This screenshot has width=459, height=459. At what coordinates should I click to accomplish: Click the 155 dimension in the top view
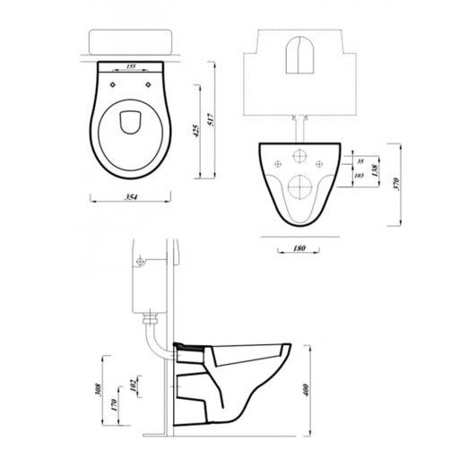(x=132, y=66)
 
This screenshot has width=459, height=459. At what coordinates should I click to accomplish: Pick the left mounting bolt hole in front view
(x=274, y=163)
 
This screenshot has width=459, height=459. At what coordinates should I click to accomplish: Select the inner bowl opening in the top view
(x=132, y=121)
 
